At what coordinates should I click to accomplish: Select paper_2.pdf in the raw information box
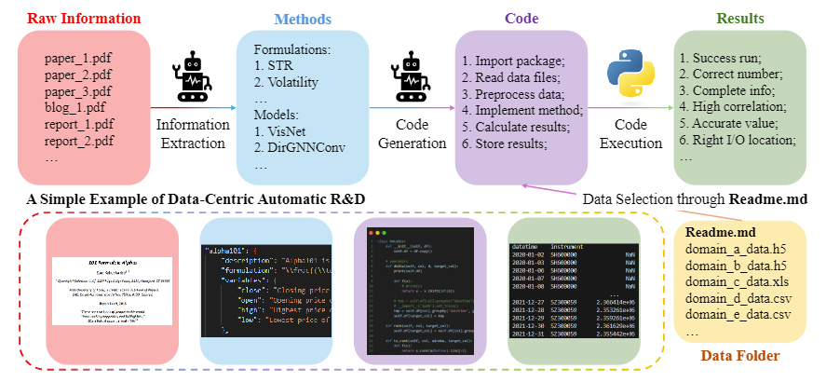[78, 73]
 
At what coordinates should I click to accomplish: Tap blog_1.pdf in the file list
[77, 106]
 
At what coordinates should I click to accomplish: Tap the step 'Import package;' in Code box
[511, 59]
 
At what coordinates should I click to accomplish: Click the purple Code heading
[521, 19]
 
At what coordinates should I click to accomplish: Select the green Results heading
[740, 19]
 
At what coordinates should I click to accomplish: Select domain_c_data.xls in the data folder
[736, 282]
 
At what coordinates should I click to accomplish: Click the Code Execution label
[629, 133]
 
